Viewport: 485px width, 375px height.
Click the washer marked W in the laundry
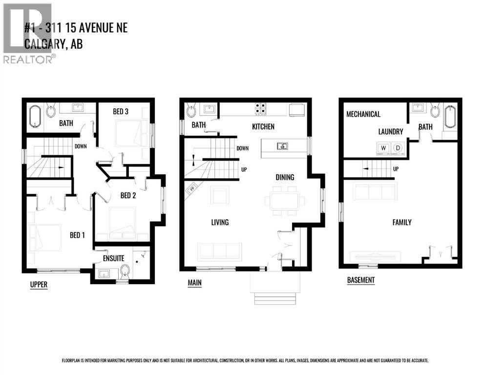point(383,147)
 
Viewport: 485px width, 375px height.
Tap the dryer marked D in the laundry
point(397,147)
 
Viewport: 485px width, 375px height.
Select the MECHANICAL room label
point(363,114)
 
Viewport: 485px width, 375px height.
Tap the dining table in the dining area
point(284,200)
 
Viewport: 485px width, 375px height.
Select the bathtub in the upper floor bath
point(34,115)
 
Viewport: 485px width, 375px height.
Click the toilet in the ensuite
point(125,270)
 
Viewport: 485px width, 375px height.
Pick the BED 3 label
point(121,111)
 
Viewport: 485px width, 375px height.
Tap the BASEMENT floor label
point(361,280)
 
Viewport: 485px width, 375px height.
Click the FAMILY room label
point(402,222)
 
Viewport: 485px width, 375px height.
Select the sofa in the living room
point(219,251)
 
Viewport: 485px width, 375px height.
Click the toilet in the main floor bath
point(191,109)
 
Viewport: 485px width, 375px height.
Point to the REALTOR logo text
point(28,60)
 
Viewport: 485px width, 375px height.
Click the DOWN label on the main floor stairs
point(242,148)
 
